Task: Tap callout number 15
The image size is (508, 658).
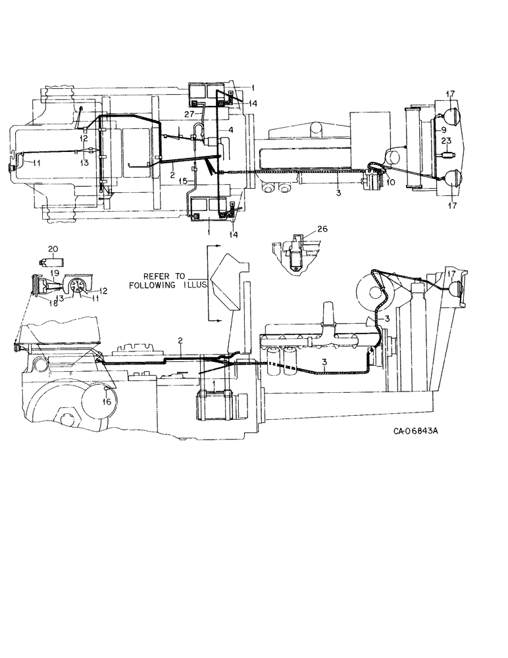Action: click(184, 180)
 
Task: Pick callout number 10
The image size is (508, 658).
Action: click(391, 182)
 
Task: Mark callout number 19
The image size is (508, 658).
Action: click(55, 272)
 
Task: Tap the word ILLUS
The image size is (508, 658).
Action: click(193, 286)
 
